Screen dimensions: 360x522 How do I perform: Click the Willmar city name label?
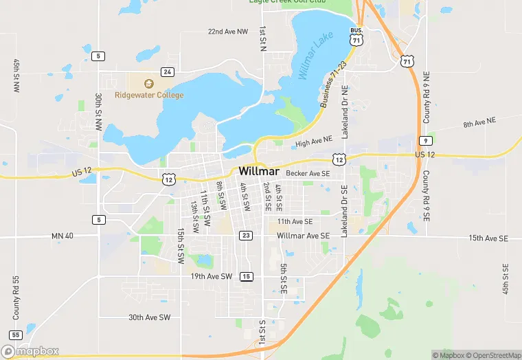258,170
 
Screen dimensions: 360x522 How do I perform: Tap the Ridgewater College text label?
149,95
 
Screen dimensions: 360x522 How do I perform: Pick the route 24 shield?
168,71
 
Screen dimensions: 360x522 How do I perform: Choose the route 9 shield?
425,140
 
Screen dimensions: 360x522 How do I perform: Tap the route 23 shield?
246,235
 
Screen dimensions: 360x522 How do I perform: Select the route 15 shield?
246,276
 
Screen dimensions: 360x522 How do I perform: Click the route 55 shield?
16,335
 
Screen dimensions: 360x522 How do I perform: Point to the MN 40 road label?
63,236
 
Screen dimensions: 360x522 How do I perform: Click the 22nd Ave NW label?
227,32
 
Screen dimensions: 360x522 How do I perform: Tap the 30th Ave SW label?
149,317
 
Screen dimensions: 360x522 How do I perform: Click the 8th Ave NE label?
479,122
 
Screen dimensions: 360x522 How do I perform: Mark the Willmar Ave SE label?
304,236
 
